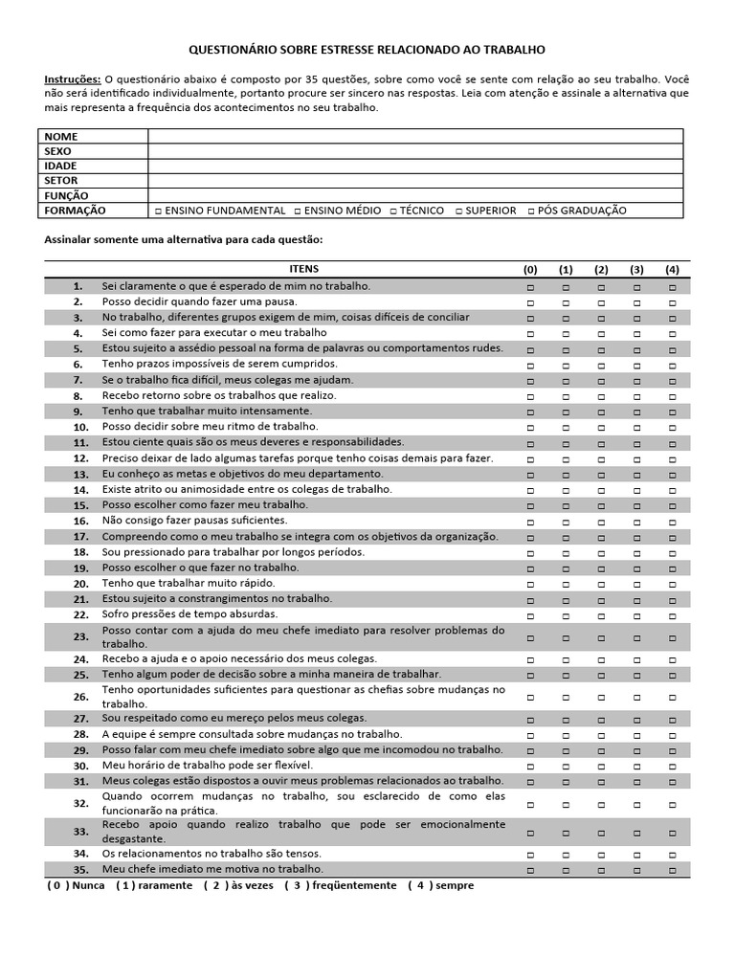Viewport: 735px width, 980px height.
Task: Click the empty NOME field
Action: click(415, 137)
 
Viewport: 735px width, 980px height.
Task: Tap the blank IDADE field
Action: click(415, 166)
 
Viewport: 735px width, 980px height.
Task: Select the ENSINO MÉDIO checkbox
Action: click(298, 211)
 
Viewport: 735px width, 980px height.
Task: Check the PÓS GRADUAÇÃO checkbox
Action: click(532, 211)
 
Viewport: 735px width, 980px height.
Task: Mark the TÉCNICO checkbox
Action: click(393, 211)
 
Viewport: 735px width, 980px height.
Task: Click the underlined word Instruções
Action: click(73, 78)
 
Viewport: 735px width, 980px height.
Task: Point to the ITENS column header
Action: click(303, 269)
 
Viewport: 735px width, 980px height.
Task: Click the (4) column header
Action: click(672, 269)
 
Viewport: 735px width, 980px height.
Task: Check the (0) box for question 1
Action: click(530, 286)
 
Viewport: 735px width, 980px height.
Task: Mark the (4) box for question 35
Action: click(672, 870)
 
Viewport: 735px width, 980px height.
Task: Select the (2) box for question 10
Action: click(601, 427)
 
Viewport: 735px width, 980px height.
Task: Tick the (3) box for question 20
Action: click(636, 584)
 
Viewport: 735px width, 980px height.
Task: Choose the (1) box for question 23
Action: click(566, 636)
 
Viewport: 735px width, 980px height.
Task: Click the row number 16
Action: click(80, 521)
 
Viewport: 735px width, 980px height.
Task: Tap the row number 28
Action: click(80, 735)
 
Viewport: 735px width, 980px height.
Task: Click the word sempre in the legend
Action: click(455, 885)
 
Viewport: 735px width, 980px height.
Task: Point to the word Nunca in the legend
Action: click(88, 885)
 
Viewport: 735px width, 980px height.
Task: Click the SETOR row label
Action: click(61, 180)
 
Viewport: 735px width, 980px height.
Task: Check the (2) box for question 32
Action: click(601, 804)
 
